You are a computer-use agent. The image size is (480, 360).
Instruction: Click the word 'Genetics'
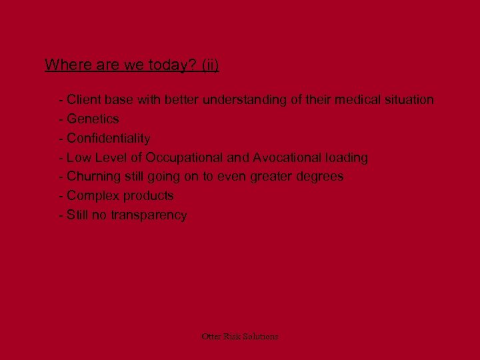click(93, 119)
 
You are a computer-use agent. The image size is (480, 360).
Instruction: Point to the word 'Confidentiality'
click(108, 139)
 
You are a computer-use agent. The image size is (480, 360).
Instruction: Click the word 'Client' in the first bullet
click(85, 100)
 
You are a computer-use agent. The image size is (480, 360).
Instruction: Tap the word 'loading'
click(347, 158)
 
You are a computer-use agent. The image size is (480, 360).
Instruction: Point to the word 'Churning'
click(94, 177)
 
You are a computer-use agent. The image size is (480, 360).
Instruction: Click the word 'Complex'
click(91, 196)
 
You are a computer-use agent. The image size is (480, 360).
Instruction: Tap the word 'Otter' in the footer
click(211, 337)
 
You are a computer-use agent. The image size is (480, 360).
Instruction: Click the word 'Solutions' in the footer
click(261, 337)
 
